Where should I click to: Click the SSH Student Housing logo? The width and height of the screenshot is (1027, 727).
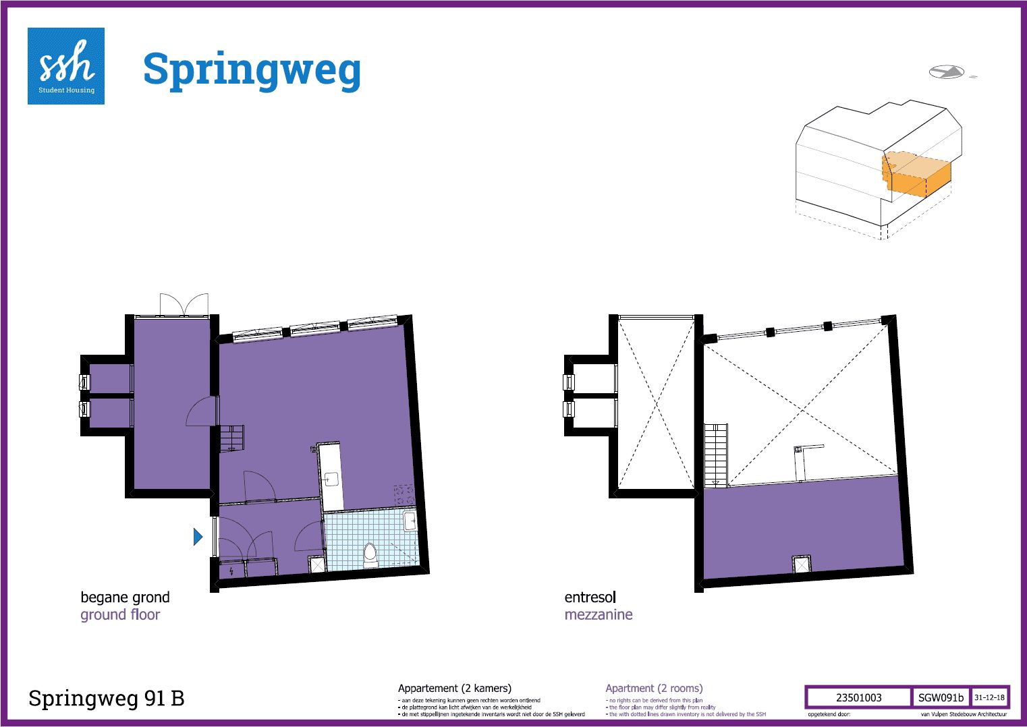(66, 66)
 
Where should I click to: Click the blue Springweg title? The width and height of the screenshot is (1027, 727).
(252, 70)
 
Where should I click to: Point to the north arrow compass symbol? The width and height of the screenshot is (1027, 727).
(946, 72)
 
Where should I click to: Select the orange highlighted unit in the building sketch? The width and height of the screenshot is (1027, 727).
(917, 175)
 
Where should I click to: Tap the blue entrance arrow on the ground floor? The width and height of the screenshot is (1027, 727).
(198, 536)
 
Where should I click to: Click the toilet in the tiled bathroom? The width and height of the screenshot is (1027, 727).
(370, 554)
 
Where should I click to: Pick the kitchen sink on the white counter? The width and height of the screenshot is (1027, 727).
(331, 479)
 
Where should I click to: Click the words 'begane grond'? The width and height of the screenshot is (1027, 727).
(125, 597)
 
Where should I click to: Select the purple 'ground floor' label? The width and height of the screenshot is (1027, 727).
(120, 614)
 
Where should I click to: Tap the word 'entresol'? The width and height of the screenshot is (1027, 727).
(590, 597)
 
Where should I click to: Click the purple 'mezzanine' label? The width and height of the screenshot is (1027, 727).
(599, 614)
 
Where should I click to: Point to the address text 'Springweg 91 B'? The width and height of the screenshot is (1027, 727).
(106, 698)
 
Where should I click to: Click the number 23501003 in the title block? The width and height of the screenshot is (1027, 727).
(858, 697)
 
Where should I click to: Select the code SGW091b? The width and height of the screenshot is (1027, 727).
(941, 697)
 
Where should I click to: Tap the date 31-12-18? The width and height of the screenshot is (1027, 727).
(989, 697)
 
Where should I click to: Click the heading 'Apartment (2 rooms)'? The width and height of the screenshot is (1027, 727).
(654, 688)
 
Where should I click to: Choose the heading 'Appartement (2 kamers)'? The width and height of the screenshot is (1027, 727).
(455, 688)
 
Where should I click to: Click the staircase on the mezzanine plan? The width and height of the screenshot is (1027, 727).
(715, 455)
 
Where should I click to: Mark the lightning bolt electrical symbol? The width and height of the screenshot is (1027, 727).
(232, 571)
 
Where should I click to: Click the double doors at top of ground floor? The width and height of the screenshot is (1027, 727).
(184, 304)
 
